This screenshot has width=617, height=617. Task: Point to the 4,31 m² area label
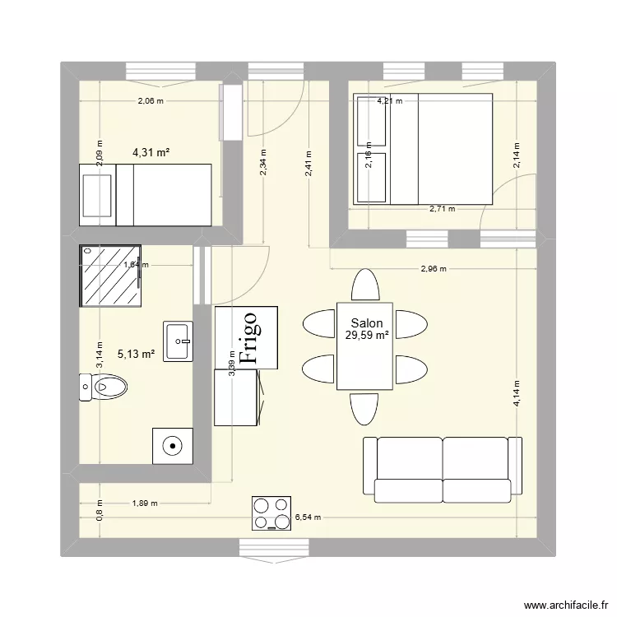151,152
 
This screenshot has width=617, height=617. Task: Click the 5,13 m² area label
137,354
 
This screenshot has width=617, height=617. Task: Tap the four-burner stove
271,513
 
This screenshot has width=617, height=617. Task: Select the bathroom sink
179,341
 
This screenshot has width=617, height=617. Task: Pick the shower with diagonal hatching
110,275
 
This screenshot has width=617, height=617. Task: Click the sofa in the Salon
443,469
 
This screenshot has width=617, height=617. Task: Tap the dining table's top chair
364,285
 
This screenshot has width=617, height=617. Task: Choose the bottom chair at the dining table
364,409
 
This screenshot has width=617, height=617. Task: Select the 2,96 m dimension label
434,268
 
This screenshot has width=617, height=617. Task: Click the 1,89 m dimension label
144,503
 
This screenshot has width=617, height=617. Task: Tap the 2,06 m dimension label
151,101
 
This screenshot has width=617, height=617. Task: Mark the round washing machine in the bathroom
173,447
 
